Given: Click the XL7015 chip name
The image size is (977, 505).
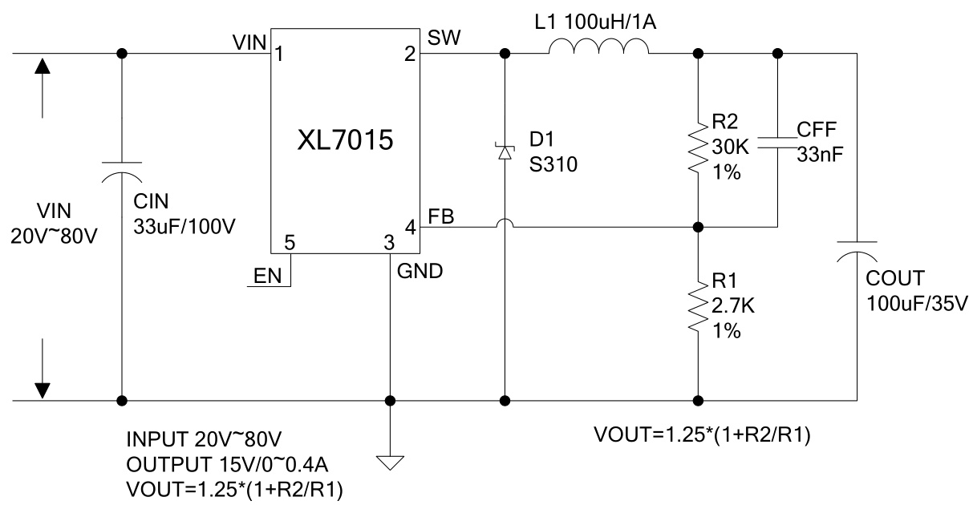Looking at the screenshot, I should [346, 141].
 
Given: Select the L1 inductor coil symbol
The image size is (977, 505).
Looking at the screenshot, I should [598, 50].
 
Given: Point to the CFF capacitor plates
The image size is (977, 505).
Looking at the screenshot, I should [777, 142].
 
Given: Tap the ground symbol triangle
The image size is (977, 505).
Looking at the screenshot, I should [390, 463].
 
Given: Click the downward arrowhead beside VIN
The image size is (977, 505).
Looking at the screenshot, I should [43, 389].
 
